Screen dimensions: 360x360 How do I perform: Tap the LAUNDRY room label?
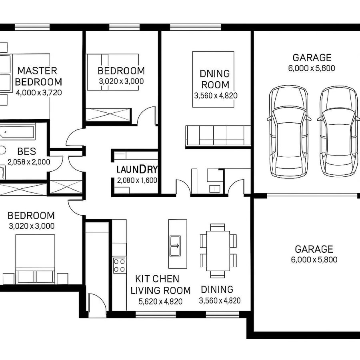[137, 169]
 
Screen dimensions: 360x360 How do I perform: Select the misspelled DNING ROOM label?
[215, 79]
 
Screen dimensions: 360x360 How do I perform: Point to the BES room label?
[27, 152]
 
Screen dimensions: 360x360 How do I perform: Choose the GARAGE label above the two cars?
[312, 58]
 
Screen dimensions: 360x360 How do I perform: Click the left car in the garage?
[289, 132]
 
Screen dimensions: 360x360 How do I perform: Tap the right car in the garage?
[338, 132]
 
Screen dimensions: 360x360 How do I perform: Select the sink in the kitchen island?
[175, 245]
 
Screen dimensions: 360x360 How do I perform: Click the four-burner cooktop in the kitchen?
[119, 265]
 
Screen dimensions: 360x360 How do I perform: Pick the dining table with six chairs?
[218, 250]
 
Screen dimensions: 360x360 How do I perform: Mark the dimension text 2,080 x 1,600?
[137, 180]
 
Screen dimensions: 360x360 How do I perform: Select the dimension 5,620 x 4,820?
[160, 301]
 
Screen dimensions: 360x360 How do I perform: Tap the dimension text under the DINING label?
[220, 301]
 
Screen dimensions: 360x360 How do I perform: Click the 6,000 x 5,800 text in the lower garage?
[314, 260]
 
